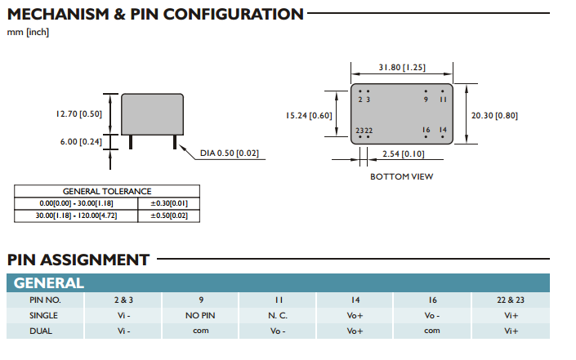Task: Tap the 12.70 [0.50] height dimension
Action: click(79, 113)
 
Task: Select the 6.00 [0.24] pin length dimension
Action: click(81, 141)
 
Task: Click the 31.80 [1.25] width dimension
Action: click(401, 68)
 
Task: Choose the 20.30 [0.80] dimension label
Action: click(494, 115)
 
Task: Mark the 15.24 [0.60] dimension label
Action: click(309, 115)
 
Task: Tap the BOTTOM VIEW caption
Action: click(401, 176)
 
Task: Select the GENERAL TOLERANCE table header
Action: click(107, 191)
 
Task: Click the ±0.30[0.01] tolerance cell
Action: click(169, 202)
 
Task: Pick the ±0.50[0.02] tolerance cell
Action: click(169, 216)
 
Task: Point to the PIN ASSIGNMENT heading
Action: click(78, 260)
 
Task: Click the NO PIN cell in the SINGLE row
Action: click(200, 315)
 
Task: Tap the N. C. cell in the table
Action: click(278, 315)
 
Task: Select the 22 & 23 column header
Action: click(511, 300)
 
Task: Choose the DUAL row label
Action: click(44, 331)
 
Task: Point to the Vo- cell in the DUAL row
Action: click(278, 331)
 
